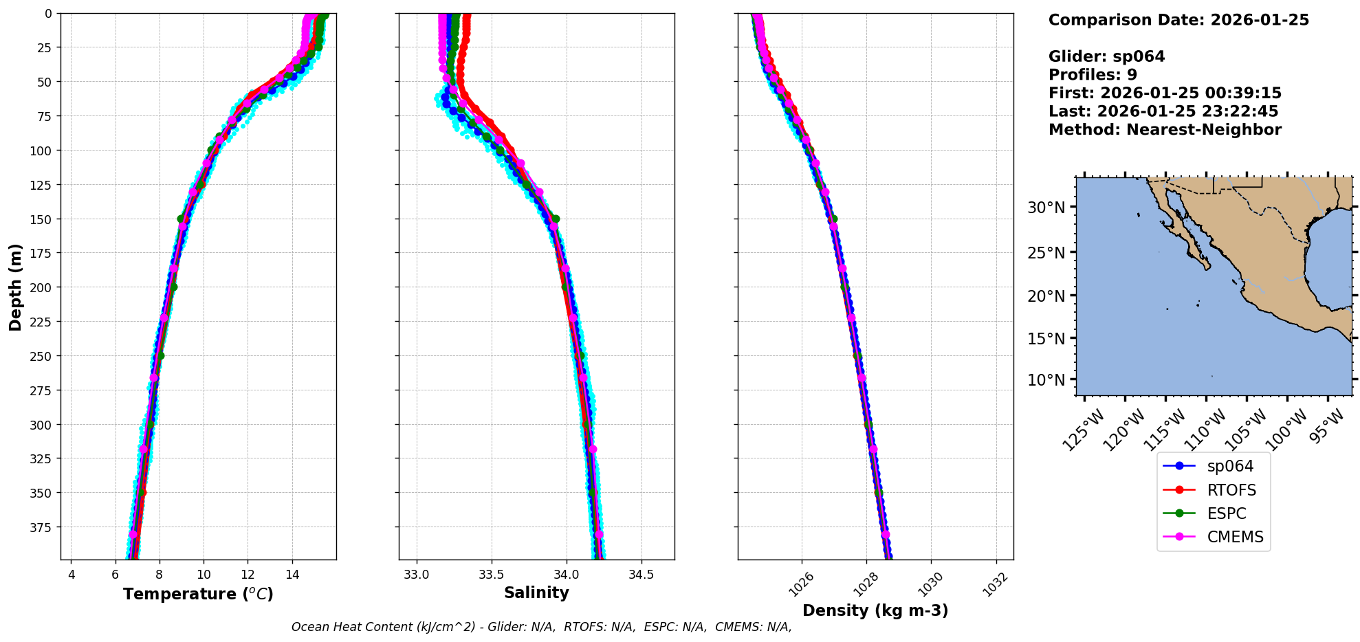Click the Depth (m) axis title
pos(15,287)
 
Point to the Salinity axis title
pos(536,593)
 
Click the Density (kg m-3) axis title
pos(875,610)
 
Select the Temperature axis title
pos(198,594)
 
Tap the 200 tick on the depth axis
pos(43,287)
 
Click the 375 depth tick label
pos(43,527)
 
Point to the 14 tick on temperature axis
pos(292,575)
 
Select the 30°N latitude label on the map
pos(1046,208)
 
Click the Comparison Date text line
pos(1178,20)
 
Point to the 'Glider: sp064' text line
pos(1106,56)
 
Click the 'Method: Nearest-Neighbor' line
pos(1165,130)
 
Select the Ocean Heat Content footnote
pos(541,627)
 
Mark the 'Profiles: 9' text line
pos(1093,75)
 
